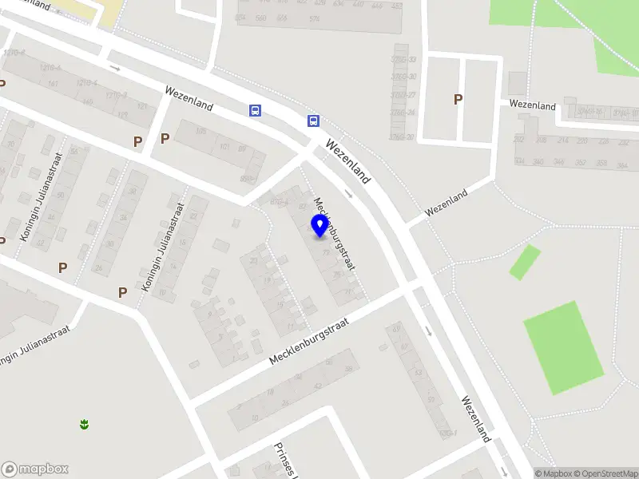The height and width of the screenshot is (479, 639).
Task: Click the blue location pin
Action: (x=320, y=226)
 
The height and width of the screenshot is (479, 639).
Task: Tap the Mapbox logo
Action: (x=35, y=469)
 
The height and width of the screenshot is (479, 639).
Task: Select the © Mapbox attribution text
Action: (x=552, y=473)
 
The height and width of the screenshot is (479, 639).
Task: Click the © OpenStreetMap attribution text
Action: (x=605, y=473)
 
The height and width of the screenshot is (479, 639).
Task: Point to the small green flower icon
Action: (x=84, y=424)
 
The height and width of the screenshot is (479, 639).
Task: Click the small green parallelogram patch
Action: (x=525, y=262)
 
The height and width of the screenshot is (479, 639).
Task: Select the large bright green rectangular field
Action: (x=564, y=347)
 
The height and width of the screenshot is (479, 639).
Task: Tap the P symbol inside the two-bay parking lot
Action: (x=458, y=99)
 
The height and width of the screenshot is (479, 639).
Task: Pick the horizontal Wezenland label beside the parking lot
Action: (x=533, y=105)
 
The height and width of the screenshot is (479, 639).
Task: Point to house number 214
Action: (x=562, y=141)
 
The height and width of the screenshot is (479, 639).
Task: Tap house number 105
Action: (x=201, y=131)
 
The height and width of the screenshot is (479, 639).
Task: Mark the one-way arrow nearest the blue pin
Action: (x=348, y=193)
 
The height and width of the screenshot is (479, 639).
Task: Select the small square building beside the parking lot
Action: (x=518, y=83)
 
